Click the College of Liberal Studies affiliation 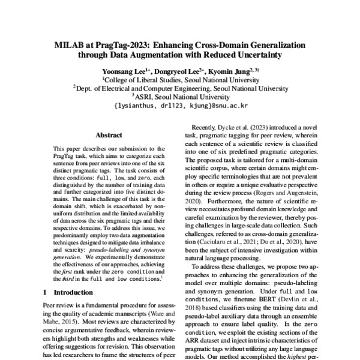pos(180,79)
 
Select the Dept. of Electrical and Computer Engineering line pos(180,88)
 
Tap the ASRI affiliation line pos(180,95)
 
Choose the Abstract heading pos(109,136)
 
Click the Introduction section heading pos(65,292)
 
